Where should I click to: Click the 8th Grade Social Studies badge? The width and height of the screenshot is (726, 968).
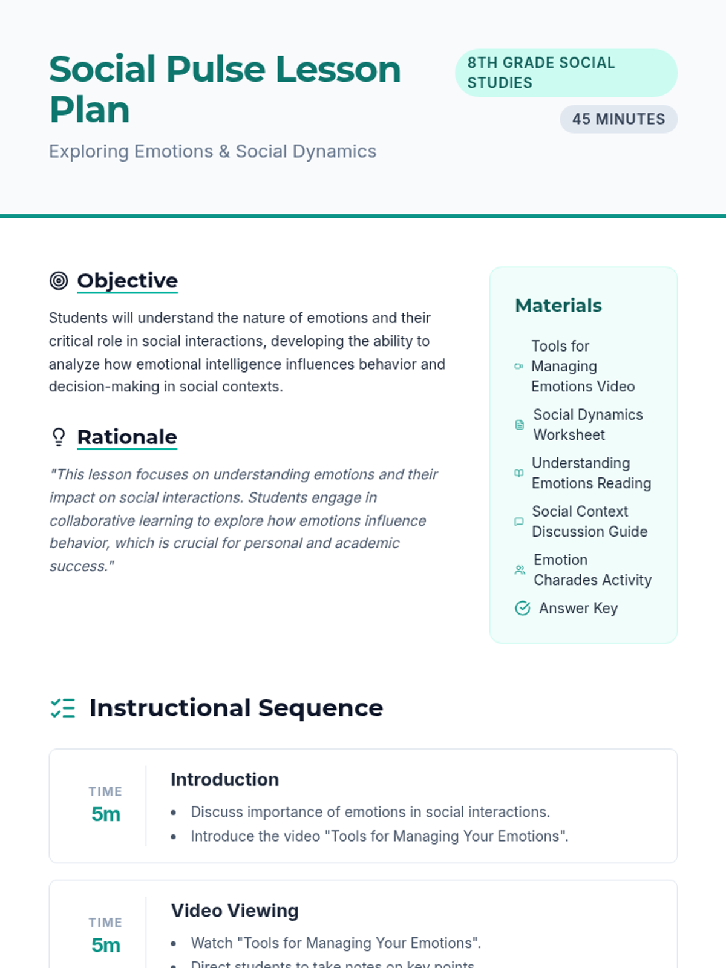click(566, 73)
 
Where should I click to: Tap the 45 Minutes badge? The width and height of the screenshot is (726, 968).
click(618, 119)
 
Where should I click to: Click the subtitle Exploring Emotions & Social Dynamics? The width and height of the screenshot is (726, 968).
click(212, 151)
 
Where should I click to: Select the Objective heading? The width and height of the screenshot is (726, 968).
click(127, 281)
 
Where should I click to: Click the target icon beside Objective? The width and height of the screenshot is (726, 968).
click(59, 281)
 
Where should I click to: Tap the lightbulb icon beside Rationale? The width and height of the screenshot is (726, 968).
click(59, 437)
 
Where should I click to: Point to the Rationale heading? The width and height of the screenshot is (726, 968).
click(127, 437)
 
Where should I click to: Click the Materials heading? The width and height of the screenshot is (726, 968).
click(558, 306)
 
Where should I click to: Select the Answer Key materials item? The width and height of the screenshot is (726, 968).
click(578, 608)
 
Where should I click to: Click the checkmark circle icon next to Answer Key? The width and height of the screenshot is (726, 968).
click(522, 608)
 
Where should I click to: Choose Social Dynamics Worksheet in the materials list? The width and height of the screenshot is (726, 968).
click(587, 425)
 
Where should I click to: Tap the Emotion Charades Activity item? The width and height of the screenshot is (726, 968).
click(592, 570)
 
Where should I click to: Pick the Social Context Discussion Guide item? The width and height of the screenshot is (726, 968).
click(589, 522)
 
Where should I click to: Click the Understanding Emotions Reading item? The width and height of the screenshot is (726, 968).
click(591, 473)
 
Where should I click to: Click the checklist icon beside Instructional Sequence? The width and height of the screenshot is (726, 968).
click(63, 708)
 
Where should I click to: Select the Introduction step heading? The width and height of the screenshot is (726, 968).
click(224, 779)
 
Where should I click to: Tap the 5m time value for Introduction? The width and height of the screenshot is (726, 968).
click(106, 814)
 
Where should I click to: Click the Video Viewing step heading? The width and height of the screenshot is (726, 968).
click(235, 911)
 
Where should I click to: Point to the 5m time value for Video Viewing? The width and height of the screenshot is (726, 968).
click(106, 945)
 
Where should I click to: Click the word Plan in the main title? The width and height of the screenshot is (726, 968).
click(90, 110)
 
